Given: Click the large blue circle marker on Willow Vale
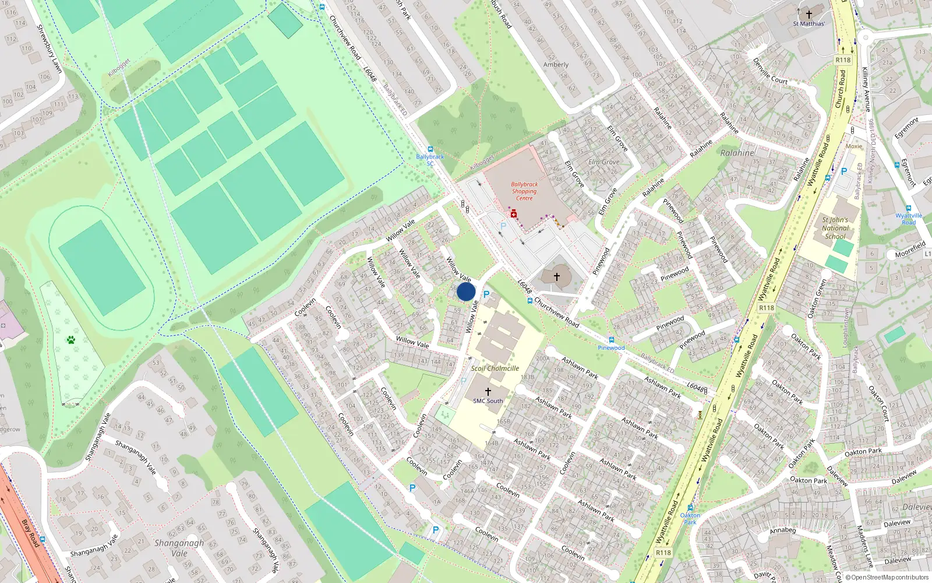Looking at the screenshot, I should [466, 291].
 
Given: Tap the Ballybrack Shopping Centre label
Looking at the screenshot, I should [524, 191].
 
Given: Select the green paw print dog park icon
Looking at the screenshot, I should [71, 340].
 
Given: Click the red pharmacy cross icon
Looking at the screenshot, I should [514, 215].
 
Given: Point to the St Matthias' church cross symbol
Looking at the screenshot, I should [809, 14].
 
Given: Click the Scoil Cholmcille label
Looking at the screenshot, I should [495, 368].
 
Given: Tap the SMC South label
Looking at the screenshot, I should [488, 401].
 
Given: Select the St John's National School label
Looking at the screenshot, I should [835, 228].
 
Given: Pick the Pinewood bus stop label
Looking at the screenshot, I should [611, 348].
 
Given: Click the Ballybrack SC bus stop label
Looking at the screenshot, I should [430, 160].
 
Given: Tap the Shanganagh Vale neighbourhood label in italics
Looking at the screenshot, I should [179, 548].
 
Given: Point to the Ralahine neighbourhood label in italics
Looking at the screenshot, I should [737, 153].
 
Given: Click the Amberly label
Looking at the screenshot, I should [556, 65].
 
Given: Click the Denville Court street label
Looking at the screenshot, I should [770, 71].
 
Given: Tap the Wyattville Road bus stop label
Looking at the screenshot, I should [909, 219].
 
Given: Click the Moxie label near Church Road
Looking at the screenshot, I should [854, 146].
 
